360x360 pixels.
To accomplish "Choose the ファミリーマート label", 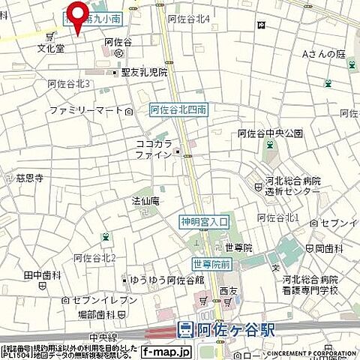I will [x=85, y=110].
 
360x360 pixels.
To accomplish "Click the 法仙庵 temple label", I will [x=145, y=201].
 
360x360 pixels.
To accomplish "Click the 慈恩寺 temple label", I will [x=29, y=178].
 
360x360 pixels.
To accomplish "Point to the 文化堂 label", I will [x=51, y=47].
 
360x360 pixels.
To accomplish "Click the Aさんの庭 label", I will [x=322, y=54].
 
